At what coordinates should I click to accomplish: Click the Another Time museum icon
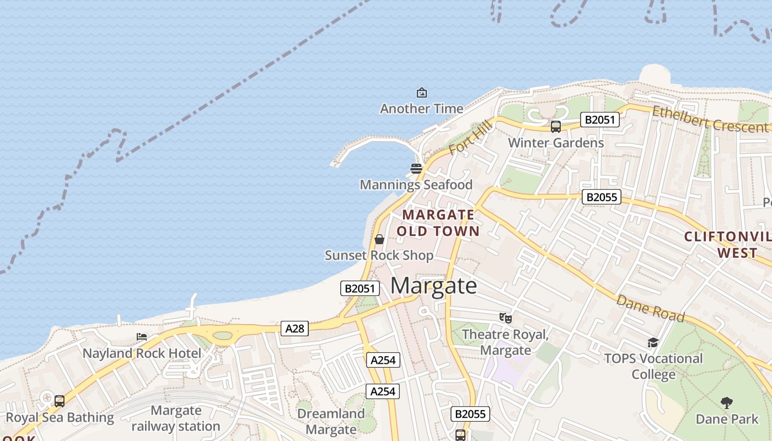(x=422, y=93)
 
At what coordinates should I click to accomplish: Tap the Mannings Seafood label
(x=416, y=185)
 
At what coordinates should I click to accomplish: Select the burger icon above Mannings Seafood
(x=416, y=168)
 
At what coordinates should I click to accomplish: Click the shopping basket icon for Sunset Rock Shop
(x=379, y=239)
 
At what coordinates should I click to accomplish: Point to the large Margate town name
(x=434, y=286)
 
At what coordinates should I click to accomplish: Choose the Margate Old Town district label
(x=438, y=223)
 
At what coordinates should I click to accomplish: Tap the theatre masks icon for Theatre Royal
(x=505, y=318)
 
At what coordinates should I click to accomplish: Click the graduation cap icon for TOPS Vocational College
(x=653, y=343)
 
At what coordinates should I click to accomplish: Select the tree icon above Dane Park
(x=727, y=403)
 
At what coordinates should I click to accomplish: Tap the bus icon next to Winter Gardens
(x=556, y=127)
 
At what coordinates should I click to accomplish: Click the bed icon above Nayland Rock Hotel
(x=142, y=337)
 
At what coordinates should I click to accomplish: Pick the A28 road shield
(x=294, y=329)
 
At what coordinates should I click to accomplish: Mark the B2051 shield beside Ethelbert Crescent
(x=599, y=120)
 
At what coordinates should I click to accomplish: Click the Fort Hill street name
(x=470, y=138)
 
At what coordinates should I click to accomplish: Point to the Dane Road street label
(x=651, y=309)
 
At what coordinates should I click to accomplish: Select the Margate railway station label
(x=176, y=418)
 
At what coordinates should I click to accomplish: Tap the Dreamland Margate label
(x=331, y=422)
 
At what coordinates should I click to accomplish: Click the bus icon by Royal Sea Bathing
(x=60, y=401)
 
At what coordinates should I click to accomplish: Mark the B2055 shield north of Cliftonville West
(x=602, y=197)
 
